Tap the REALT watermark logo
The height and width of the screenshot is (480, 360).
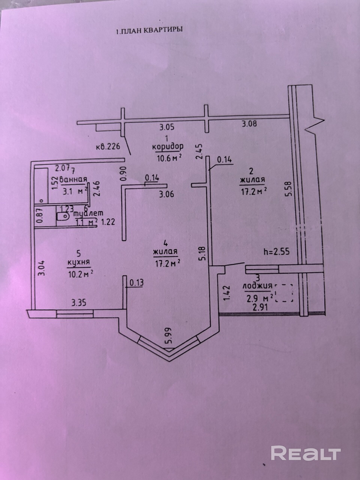[x=306, y=453]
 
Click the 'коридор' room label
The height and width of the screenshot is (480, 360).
[x=168, y=147]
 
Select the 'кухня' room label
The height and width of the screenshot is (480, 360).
[x=78, y=262]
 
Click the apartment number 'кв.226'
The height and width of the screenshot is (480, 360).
[x=108, y=147]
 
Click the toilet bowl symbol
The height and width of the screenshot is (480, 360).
[x=63, y=216]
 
